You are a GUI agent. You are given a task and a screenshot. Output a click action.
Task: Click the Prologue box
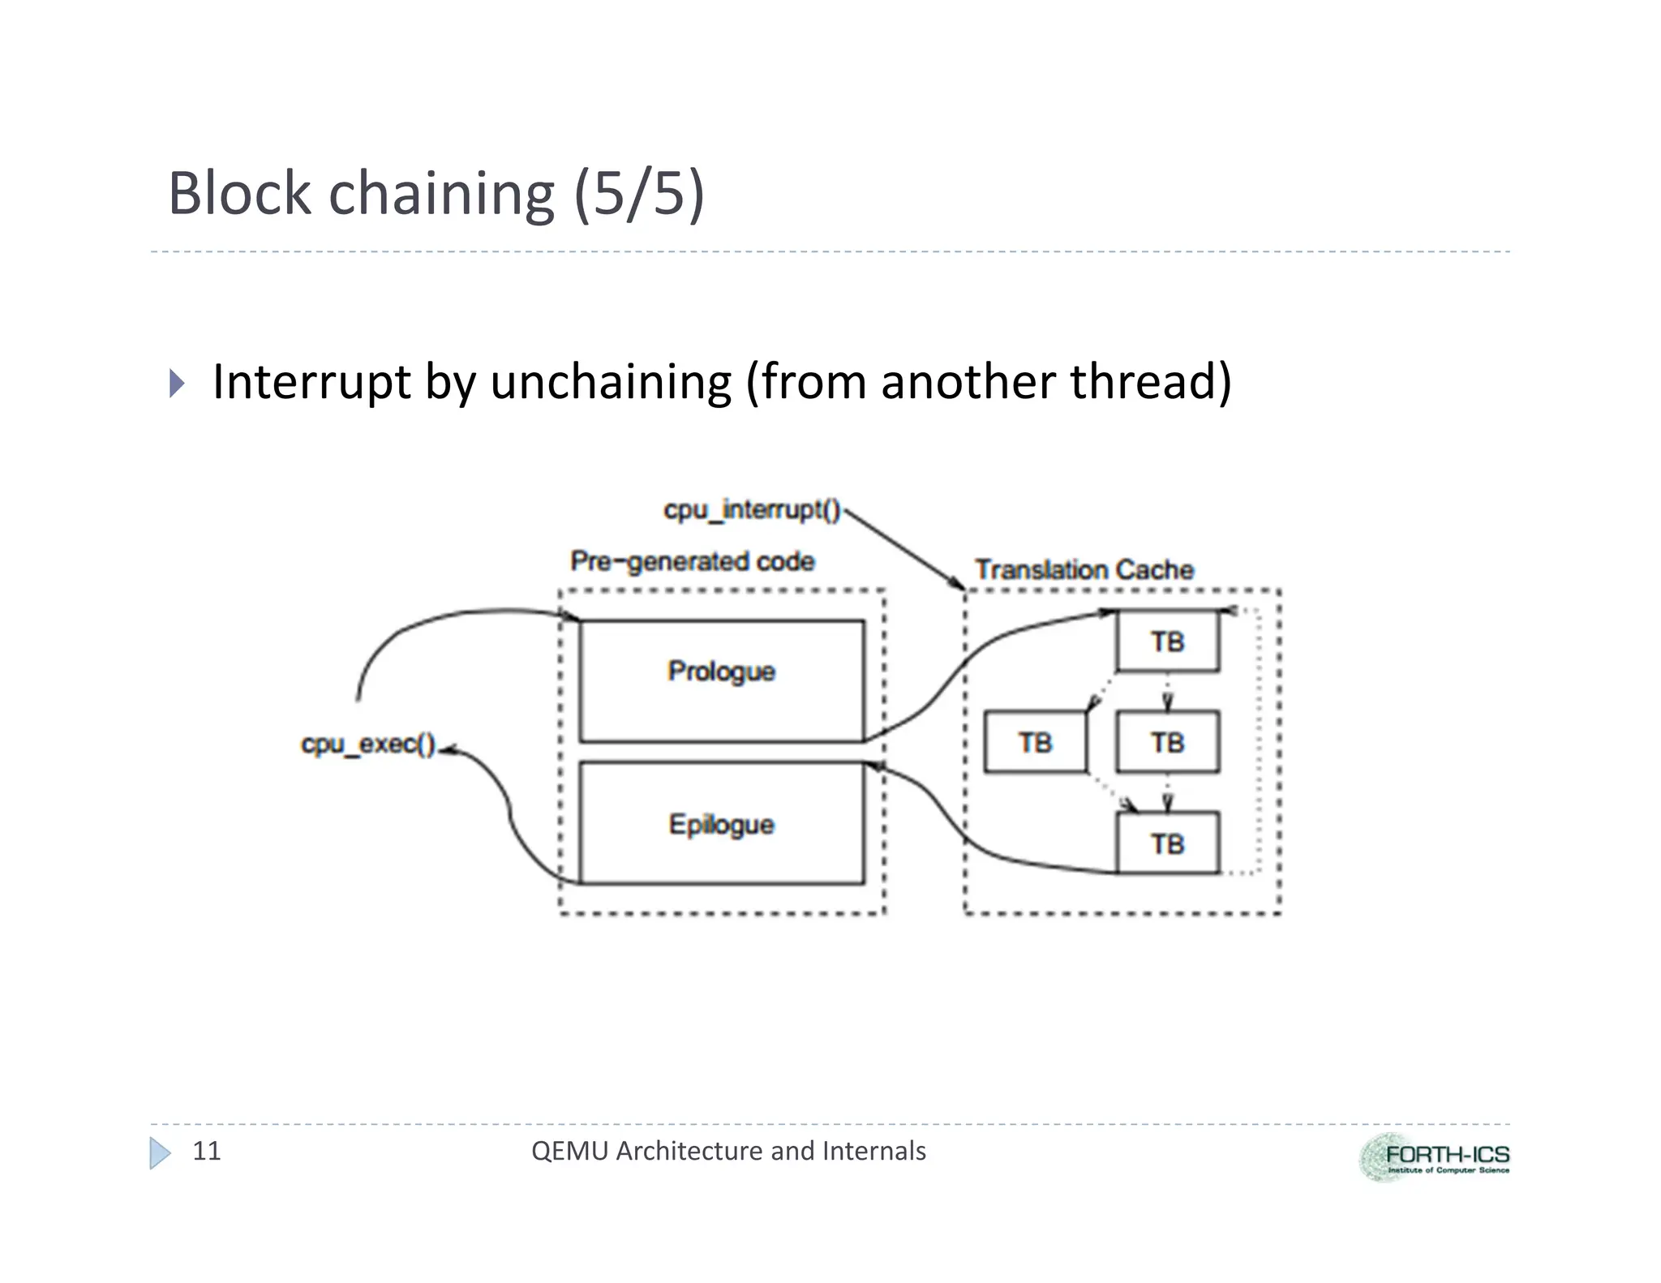tap(721, 681)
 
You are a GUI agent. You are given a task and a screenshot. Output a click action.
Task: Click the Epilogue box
tap(721, 823)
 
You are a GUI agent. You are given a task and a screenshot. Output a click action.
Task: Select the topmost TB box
tap(1167, 641)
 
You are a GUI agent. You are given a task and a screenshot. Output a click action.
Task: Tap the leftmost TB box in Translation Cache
tap(1035, 742)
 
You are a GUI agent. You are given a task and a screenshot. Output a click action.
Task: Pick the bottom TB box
tap(1167, 843)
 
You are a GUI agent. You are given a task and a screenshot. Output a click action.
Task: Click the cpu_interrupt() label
tap(752, 509)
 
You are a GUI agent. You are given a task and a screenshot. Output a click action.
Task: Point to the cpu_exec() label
tap(368, 744)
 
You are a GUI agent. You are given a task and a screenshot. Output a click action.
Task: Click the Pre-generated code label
tap(692, 561)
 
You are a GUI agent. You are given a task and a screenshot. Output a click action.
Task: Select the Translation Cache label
tap(1084, 569)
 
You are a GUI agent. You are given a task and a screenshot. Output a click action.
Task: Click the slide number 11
tap(206, 1151)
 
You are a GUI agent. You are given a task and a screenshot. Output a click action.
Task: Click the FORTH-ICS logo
tap(1434, 1157)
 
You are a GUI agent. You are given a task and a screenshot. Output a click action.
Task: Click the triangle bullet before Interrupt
tap(177, 383)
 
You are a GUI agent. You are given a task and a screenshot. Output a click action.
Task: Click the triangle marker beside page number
tap(160, 1152)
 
